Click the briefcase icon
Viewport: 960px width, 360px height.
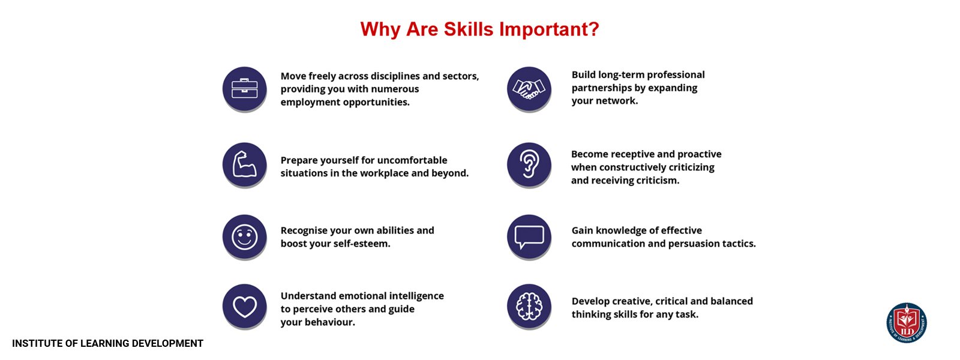point(244,89)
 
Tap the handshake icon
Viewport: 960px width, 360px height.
point(529,89)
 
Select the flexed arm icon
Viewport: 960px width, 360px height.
point(244,164)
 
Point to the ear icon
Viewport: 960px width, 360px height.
point(529,164)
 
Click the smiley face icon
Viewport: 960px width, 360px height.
point(244,236)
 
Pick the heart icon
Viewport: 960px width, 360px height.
point(244,307)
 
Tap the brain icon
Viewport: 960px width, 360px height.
point(529,307)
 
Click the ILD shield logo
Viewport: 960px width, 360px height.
point(907,323)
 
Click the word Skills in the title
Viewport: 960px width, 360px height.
point(469,29)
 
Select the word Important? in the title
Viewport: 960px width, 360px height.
point(549,30)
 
